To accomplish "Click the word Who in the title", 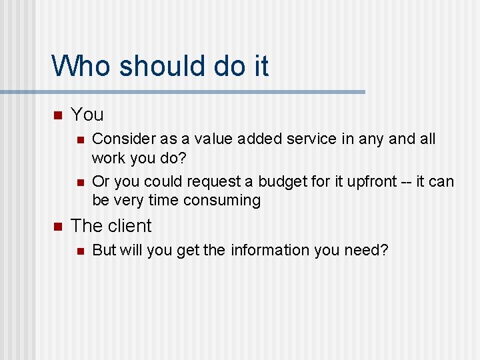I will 77,67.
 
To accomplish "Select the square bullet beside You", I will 57,115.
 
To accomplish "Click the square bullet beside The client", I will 57,227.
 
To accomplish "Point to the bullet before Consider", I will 79,140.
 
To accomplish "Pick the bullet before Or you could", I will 79,182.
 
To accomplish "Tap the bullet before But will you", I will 79,251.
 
